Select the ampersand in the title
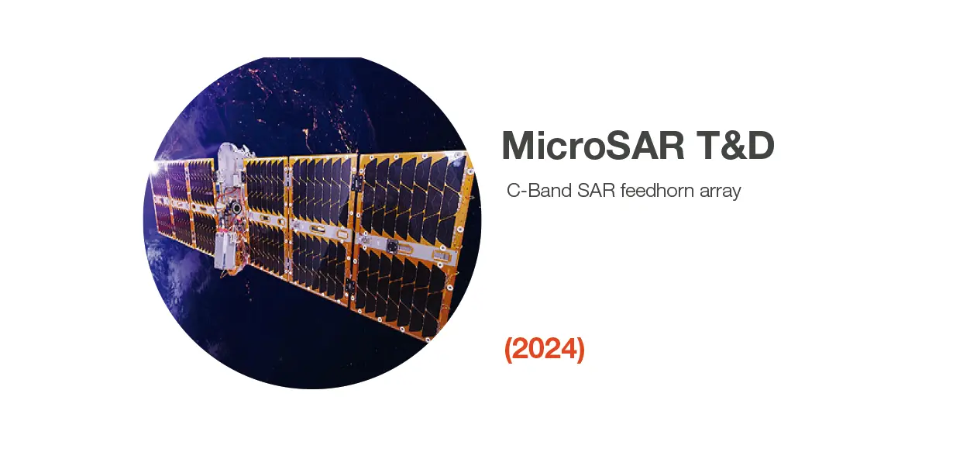[732, 145]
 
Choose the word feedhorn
[657, 191]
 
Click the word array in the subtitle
[720, 192]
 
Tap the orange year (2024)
[545, 349]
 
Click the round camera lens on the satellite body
[236, 207]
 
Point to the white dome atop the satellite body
[229, 155]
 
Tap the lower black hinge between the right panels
[349, 287]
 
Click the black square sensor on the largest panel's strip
[392, 246]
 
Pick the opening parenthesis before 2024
[508, 349]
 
